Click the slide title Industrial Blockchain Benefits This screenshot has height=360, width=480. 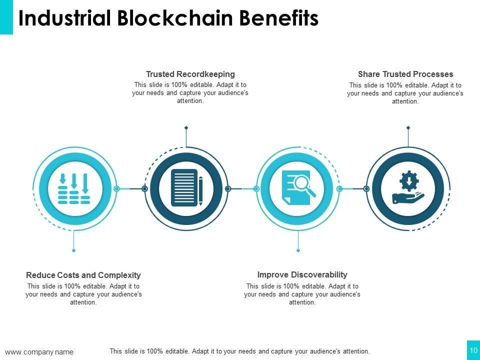(x=168, y=18)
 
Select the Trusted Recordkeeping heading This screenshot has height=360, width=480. (x=190, y=74)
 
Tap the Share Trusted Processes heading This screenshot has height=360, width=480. (x=405, y=74)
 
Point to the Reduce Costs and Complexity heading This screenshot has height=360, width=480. (x=83, y=275)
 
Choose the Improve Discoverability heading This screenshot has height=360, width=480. (x=302, y=274)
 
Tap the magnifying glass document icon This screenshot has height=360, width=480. (x=298, y=187)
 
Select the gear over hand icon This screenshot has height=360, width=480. (x=408, y=188)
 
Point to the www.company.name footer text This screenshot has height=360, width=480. (x=39, y=352)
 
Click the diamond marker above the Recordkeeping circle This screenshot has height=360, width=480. (x=186, y=127)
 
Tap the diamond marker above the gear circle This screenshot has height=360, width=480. (x=408, y=127)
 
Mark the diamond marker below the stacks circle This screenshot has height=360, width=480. (x=74, y=250)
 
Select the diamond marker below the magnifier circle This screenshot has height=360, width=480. (x=298, y=250)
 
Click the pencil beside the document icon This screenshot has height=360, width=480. (x=200, y=190)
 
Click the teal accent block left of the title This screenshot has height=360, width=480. (x=6, y=17)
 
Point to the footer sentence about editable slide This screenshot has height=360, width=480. (x=239, y=351)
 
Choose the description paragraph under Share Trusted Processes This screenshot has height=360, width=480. (x=405, y=93)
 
